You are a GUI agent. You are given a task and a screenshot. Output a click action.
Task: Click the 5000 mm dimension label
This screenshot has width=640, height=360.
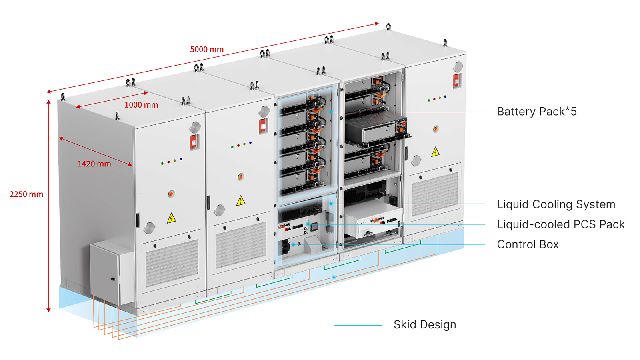[207, 50]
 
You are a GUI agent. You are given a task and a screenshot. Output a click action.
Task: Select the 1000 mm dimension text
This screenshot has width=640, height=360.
[141, 105]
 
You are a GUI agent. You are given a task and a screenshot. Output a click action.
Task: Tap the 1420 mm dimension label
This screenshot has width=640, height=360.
[94, 164]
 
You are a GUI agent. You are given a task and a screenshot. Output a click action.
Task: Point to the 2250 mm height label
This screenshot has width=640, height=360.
[26, 194]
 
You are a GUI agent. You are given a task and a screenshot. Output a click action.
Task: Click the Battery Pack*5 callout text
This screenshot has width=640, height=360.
[536, 112]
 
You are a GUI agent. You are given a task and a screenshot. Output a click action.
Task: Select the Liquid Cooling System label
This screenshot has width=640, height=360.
[556, 204]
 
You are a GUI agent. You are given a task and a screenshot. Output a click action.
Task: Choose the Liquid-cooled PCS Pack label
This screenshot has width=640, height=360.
[560, 224]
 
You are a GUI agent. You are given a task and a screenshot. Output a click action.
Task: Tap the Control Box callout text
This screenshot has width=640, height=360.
[528, 244]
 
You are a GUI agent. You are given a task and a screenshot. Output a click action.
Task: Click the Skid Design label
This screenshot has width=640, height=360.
[424, 324]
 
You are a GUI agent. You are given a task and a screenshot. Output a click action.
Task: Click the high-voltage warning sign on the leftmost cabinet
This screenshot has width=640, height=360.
[171, 218]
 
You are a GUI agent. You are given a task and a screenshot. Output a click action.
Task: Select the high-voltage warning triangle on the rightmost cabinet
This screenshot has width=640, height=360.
[435, 152]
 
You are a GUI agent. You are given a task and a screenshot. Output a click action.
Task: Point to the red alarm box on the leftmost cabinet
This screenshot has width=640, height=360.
[194, 142]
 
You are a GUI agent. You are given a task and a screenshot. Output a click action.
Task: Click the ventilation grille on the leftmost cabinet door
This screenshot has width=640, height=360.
[172, 262]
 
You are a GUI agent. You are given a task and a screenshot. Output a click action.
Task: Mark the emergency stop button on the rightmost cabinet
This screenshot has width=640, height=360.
[436, 129]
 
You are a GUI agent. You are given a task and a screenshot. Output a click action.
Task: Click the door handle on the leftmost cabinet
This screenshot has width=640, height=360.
[137, 220]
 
